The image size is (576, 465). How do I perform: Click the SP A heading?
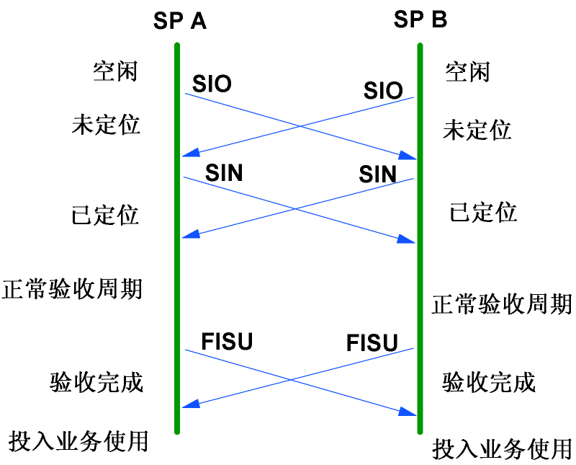(179, 20)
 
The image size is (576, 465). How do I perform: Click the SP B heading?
(420, 19)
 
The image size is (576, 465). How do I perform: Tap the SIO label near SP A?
(212, 84)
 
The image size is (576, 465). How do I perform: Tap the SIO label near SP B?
(382, 91)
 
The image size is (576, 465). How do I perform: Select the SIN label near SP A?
(224, 172)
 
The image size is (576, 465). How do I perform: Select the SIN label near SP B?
(378, 174)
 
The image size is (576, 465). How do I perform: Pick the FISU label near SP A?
(228, 340)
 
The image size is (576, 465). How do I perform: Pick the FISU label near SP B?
(372, 342)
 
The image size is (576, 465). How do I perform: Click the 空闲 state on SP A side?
(115, 71)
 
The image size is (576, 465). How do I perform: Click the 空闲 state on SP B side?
(467, 71)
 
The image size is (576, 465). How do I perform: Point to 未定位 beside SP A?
(106, 125)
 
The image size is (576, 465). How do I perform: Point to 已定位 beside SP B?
(483, 212)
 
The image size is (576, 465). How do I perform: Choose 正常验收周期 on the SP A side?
(73, 289)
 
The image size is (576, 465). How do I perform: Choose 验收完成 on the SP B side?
(489, 381)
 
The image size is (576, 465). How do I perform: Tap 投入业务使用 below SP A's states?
(78, 440)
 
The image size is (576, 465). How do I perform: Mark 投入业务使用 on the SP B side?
(502, 448)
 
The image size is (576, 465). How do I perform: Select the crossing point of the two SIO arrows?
(298, 125)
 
